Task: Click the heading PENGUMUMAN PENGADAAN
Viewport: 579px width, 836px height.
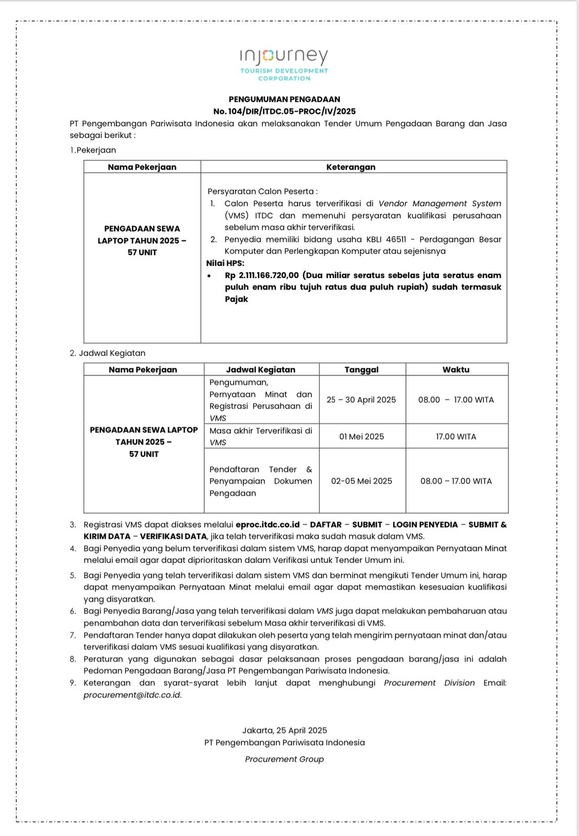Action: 284,99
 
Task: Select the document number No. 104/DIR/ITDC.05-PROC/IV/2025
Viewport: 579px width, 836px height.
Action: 284,111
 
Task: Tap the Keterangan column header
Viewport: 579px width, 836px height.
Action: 351,167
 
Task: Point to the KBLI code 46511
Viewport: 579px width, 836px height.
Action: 396,239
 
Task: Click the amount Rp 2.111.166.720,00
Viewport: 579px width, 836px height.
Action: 262,275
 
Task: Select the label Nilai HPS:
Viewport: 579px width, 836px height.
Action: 225,263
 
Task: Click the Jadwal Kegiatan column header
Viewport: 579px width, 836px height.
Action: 261,369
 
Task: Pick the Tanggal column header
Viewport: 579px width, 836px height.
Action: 361,369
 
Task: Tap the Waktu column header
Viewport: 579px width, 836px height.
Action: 456,369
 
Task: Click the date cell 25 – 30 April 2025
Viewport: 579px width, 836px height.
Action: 361,400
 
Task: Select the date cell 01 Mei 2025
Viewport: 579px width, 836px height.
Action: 361,436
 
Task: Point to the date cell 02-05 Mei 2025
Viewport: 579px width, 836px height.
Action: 361,481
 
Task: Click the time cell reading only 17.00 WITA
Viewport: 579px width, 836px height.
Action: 456,436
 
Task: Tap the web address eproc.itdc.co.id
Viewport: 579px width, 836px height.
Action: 268,525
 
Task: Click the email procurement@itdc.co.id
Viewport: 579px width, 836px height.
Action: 132,695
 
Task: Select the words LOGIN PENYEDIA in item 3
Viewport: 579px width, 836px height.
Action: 425,525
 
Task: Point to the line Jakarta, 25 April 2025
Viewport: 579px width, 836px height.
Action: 284,730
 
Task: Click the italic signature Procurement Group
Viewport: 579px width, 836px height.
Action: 284,759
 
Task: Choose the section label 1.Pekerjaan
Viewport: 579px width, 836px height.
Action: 93,150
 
